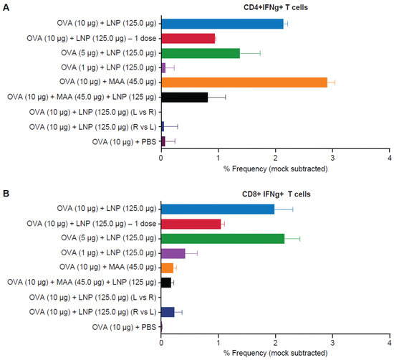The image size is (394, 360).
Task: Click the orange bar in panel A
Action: tap(244, 82)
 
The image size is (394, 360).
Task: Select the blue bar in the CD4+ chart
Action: tap(222, 24)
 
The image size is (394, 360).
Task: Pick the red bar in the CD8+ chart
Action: tap(191, 224)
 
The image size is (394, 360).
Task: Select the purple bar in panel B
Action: tap(173, 253)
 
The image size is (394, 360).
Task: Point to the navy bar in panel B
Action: tap(168, 312)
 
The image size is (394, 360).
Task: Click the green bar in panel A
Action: tap(201, 53)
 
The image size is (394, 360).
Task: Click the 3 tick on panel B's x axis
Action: tap(332, 344)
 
